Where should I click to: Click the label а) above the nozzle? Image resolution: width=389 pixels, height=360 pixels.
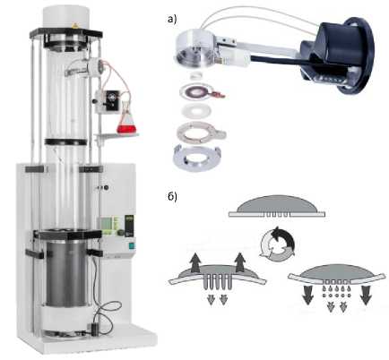(173, 20)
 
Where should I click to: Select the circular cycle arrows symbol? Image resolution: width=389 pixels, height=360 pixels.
(277, 242)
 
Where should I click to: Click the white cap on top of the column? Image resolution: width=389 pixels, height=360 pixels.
(66, 17)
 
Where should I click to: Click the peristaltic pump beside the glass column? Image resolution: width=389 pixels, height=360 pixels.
(104, 101)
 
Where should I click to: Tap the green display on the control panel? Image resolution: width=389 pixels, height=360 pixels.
(107, 224)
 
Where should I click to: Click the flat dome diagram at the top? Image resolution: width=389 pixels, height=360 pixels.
(277, 206)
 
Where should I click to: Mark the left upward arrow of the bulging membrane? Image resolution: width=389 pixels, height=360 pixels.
(194, 261)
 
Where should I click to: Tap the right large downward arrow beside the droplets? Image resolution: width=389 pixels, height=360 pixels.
(365, 296)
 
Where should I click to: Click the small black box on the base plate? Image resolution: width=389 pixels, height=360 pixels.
(95, 329)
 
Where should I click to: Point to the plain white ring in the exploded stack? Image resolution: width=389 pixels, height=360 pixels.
(196, 110)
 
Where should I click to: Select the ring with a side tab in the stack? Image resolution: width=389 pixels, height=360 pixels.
(201, 131)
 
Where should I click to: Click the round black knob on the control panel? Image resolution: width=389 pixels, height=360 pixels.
(120, 233)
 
